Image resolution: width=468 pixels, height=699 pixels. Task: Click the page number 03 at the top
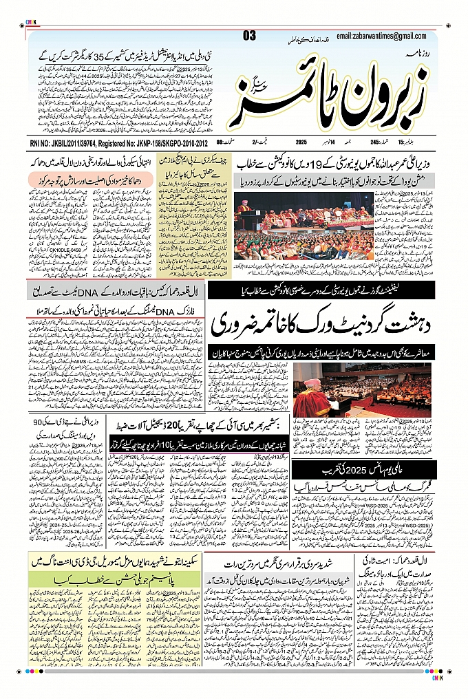click(249, 36)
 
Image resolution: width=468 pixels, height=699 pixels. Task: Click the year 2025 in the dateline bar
click(301, 142)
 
